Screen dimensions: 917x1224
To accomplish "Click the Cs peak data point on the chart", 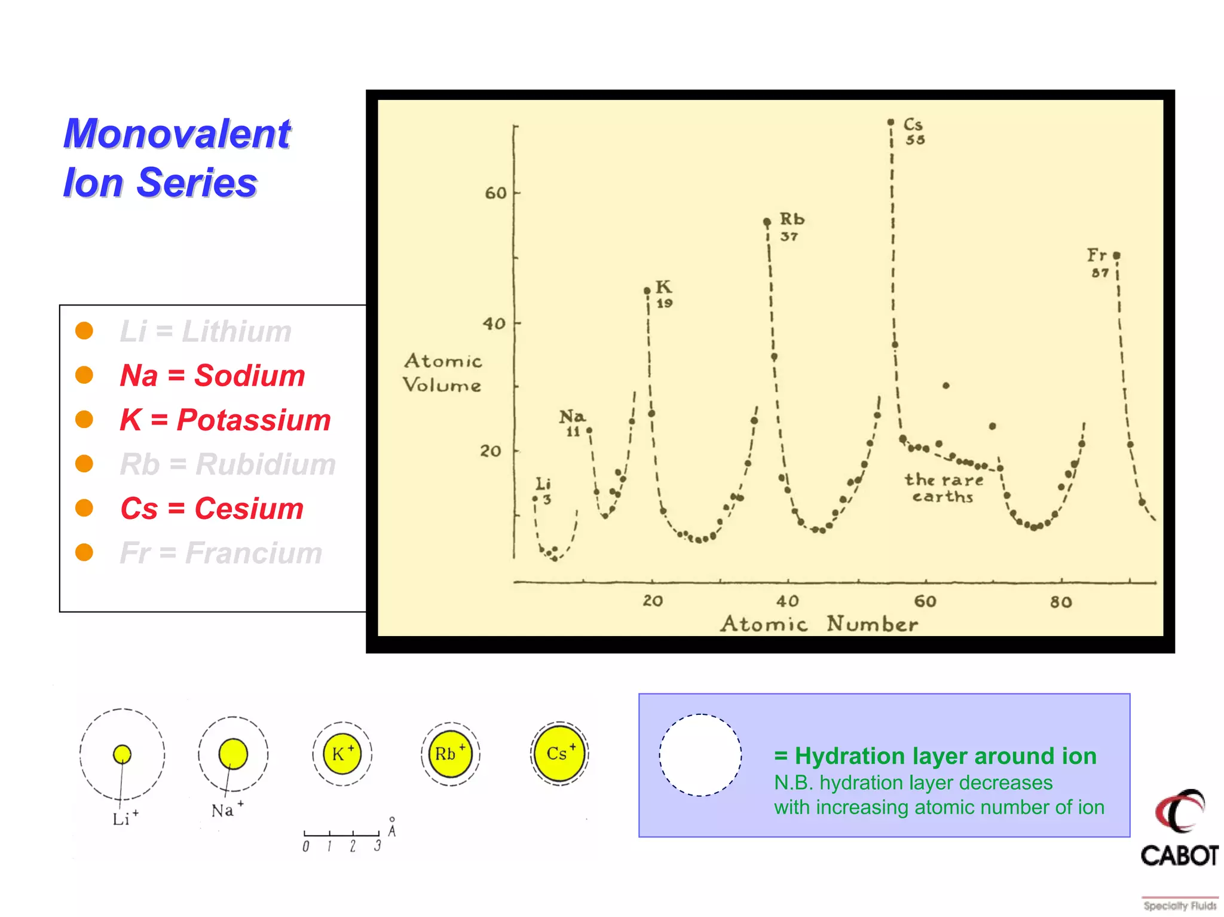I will click(891, 122).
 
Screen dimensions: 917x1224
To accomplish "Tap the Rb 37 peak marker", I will click(767, 222).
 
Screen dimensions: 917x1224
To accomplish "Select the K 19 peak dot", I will click(647, 291).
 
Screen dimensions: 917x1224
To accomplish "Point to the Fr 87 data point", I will click(1116, 255).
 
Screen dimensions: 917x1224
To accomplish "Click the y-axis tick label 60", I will click(495, 193).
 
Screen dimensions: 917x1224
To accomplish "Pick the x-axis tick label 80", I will click(1061, 602).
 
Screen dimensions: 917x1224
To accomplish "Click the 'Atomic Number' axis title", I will click(819, 624).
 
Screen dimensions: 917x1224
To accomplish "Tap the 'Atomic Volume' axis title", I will click(442, 373).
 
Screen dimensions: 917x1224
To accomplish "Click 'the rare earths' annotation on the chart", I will click(943, 488).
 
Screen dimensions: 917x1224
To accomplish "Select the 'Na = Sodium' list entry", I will click(212, 375).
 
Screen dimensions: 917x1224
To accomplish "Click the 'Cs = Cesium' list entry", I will click(212, 509).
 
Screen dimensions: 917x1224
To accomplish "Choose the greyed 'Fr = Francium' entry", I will click(221, 553).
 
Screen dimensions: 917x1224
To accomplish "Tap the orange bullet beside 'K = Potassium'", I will click(84, 420).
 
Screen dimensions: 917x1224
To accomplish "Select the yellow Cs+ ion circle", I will click(559, 753).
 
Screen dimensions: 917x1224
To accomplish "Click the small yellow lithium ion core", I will click(122, 754).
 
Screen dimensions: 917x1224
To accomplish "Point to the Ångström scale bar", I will click(341, 833).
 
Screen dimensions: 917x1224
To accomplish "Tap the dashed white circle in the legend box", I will click(700, 755).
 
